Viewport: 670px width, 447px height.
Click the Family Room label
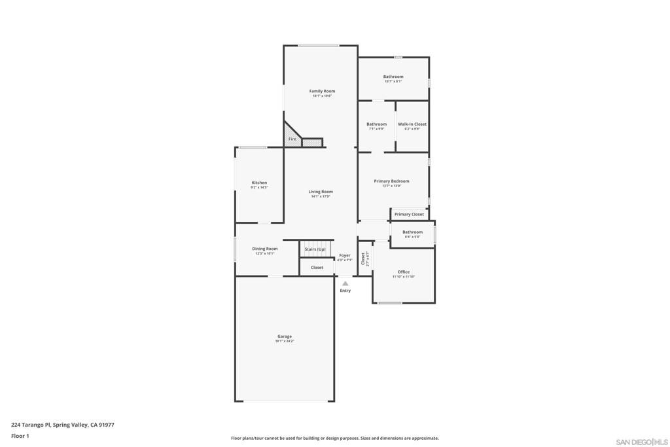322,92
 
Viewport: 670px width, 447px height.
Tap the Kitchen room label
259,183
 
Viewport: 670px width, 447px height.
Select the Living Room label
321,192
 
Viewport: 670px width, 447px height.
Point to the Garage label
285,336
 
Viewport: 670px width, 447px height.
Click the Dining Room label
265,249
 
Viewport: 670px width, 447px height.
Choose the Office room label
404,272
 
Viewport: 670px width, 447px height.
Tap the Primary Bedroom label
391,181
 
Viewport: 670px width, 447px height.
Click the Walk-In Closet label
412,124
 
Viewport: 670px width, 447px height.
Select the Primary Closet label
409,214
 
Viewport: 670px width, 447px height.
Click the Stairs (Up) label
315,249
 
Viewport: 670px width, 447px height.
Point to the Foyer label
345,255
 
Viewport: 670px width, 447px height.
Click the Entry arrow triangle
345,283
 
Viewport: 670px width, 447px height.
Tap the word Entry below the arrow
345,291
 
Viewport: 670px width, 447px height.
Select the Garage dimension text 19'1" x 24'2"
285,342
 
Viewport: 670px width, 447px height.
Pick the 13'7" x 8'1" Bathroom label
393,77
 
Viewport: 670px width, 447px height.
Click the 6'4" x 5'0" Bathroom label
412,232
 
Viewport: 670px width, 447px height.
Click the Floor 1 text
20,436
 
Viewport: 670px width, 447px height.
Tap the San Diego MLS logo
642,442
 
